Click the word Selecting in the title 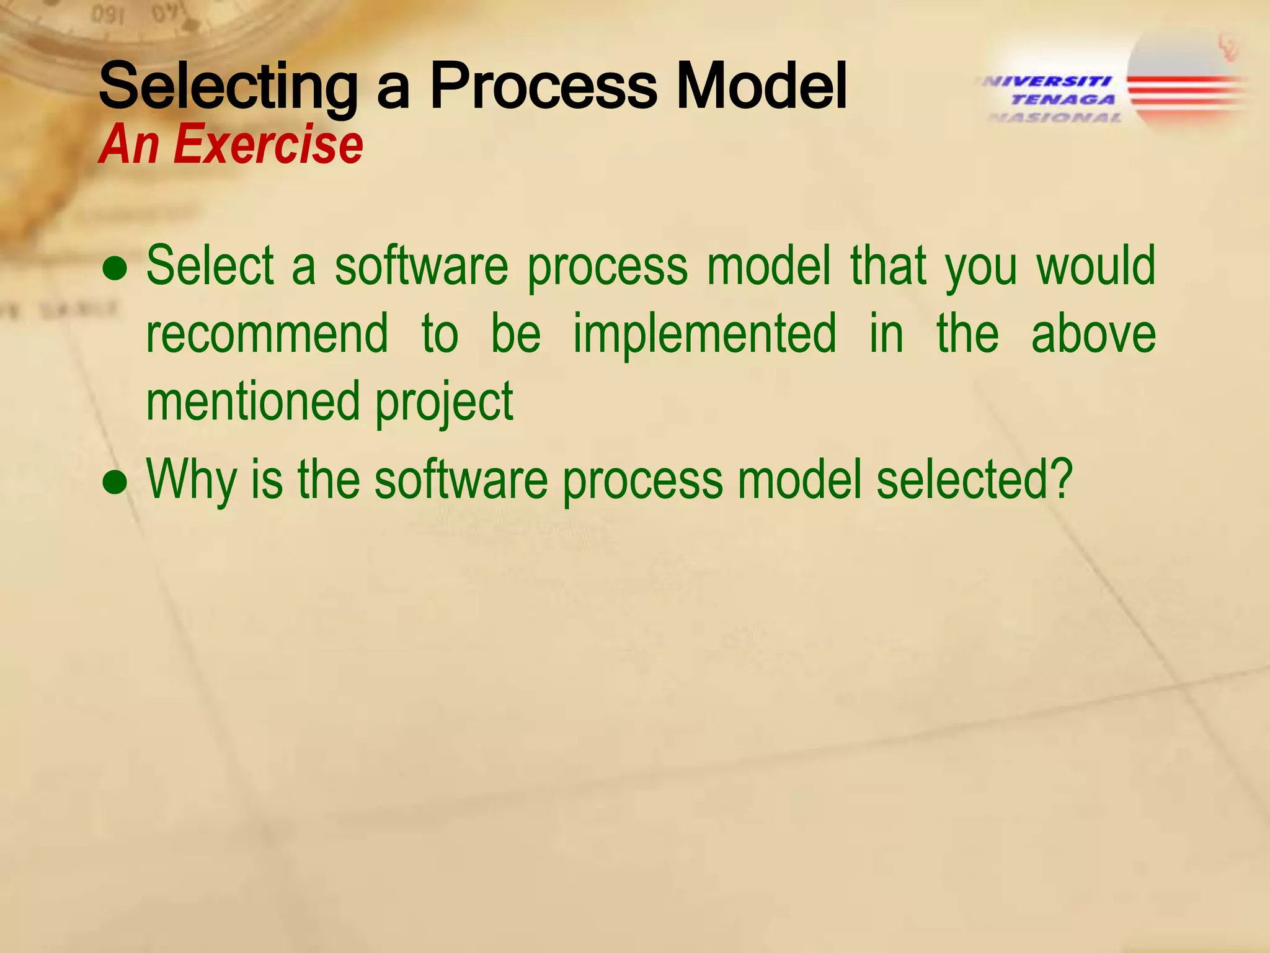coord(228,87)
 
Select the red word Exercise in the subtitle coord(268,145)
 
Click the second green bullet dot coord(115,484)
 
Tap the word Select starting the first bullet coord(210,266)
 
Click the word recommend coord(267,333)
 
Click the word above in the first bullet coord(1093,333)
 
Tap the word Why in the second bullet coord(192,481)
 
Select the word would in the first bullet coord(1096,266)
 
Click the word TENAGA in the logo coord(1063,99)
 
